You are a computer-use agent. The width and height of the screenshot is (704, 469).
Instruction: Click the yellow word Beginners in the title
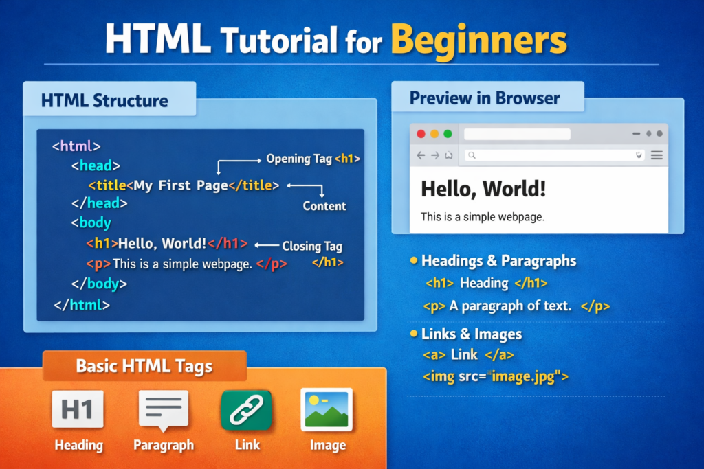[x=479, y=41]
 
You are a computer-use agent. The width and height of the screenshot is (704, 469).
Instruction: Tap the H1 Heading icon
[x=78, y=409]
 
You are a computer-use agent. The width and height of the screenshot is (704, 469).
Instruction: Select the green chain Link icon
[x=246, y=410]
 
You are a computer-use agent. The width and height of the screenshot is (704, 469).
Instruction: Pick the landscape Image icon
[x=327, y=409]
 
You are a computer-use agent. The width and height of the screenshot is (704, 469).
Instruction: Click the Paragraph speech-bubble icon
[x=164, y=410]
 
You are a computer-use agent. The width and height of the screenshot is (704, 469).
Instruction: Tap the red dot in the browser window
[x=421, y=134]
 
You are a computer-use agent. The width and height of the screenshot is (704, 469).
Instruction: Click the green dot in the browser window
[x=448, y=134]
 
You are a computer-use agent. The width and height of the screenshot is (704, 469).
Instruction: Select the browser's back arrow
[x=421, y=155]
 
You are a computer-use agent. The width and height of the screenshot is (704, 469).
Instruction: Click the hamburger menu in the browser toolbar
[x=657, y=155]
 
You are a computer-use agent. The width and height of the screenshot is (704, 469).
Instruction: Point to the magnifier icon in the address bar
[x=472, y=155]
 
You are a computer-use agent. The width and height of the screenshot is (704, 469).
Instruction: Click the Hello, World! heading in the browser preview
[x=483, y=189]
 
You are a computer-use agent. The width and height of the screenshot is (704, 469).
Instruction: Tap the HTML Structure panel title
[x=104, y=100]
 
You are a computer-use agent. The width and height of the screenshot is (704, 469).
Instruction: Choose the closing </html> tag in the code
[x=82, y=305]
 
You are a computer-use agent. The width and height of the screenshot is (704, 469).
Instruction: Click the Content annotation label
[x=324, y=206]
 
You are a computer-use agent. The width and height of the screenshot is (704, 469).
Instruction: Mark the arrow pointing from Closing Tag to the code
[x=267, y=245]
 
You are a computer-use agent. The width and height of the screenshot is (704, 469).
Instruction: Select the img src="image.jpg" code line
[x=496, y=376]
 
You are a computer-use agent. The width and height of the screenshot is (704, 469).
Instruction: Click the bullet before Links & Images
[x=414, y=333]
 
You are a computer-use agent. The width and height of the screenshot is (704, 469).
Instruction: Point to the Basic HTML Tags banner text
[x=144, y=366]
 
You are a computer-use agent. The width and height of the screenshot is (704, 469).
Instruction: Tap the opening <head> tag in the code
[x=96, y=166]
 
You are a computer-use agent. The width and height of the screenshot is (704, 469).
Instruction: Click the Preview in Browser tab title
[x=485, y=98]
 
